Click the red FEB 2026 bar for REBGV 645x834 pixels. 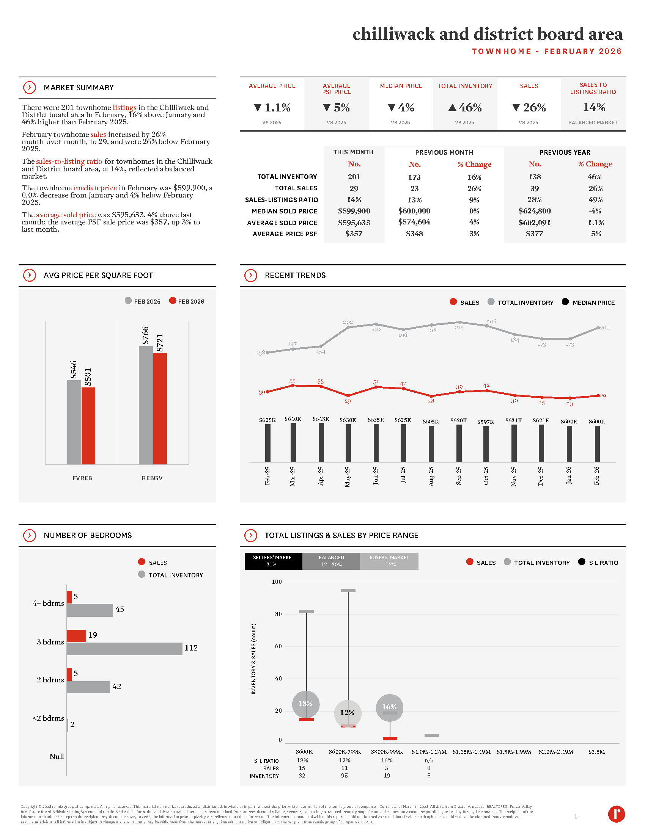160,409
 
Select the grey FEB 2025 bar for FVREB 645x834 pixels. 74,422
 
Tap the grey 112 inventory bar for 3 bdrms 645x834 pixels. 124,648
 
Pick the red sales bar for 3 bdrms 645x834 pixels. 76,636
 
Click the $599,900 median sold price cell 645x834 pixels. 354,211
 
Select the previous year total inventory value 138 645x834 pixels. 535,177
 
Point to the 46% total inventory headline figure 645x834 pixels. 465,108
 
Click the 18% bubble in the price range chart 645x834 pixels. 305,704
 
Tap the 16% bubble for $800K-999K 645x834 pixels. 389,707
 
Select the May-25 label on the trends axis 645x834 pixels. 348,477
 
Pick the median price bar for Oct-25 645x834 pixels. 486,444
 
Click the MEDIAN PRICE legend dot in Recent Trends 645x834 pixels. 565,302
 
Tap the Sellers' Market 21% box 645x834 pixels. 273,561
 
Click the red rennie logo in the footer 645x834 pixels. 616,814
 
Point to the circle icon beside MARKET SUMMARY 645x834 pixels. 30,88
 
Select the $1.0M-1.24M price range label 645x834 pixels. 429,752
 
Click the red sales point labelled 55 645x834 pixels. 293,386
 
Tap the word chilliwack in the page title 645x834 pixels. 393,34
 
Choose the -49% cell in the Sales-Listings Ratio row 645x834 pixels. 595,200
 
